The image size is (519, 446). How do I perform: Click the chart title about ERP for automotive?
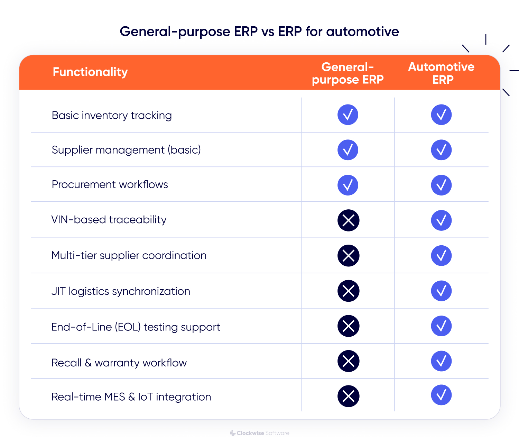tap(259, 31)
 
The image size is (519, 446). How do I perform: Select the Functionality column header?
tap(90, 72)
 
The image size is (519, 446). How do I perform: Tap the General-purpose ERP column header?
tap(347, 73)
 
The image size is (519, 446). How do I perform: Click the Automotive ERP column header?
tap(441, 73)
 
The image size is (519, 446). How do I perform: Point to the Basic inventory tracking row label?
tap(112, 115)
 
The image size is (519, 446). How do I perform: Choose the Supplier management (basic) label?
tap(126, 150)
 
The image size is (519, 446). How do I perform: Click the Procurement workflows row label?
tap(110, 184)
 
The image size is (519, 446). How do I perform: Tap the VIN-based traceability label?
tap(109, 220)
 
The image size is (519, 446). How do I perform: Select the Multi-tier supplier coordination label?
tap(129, 255)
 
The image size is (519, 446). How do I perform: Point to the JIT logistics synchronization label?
tap(121, 291)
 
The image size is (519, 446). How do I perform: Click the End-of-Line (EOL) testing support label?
tap(136, 327)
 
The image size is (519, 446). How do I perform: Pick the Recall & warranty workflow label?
tap(119, 363)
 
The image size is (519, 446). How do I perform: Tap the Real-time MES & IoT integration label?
tap(131, 397)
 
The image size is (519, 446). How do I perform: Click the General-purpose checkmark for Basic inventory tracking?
tap(348, 115)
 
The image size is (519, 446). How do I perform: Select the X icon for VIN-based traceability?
tap(348, 220)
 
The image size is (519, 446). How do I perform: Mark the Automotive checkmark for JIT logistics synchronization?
tap(441, 291)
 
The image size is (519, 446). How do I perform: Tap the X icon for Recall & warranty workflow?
tap(348, 361)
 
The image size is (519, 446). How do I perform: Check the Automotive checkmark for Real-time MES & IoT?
tap(441, 395)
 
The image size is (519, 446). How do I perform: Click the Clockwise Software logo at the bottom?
tap(260, 433)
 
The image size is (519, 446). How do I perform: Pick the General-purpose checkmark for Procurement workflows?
tap(348, 185)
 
